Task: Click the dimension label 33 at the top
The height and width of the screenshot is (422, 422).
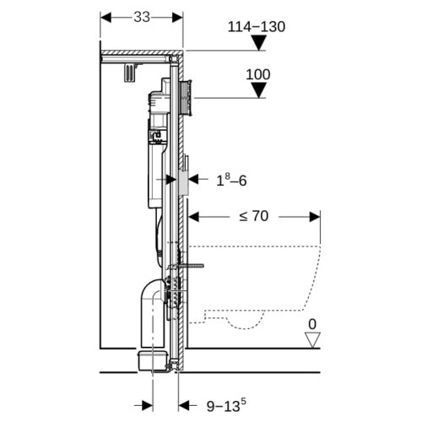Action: pyautogui.click(x=142, y=18)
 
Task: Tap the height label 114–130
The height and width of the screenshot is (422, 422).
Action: pyautogui.click(x=257, y=27)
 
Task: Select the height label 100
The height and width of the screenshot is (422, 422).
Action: pyautogui.click(x=258, y=75)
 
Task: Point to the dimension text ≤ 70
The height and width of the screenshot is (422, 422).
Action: pyautogui.click(x=254, y=216)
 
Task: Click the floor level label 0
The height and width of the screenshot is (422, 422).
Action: pyautogui.click(x=312, y=324)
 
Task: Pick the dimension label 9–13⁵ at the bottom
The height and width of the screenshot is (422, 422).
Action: pyautogui.click(x=226, y=406)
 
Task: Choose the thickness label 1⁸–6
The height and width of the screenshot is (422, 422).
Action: pyautogui.click(x=231, y=180)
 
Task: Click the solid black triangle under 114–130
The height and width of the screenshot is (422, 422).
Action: pyautogui.click(x=258, y=43)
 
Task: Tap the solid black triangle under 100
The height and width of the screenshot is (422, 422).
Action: pyautogui.click(x=258, y=90)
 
